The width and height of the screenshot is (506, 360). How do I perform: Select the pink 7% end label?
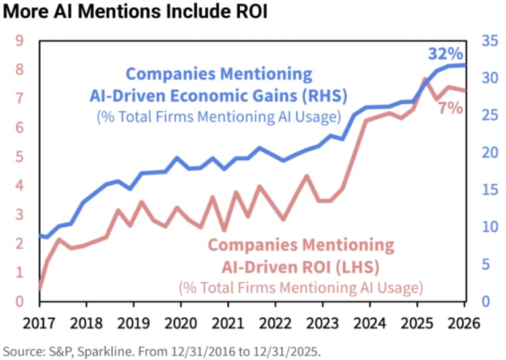coord(450,108)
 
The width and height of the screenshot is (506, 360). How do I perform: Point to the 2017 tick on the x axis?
coord(40,324)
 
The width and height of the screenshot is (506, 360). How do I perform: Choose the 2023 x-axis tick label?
coord(322,324)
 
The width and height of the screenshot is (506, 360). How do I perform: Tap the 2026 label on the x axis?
coord(463,324)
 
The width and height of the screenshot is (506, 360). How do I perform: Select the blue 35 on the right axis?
coord(489,41)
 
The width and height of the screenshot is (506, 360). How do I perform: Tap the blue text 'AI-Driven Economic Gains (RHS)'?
coord(218,96)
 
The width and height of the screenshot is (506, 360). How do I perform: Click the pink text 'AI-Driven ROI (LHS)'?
coord(300,267)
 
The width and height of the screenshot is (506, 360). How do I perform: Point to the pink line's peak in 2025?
coord(425,78)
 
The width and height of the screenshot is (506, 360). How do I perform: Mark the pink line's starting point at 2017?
coord(40,289)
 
